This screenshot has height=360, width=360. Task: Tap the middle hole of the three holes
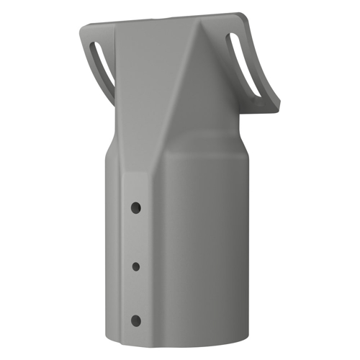pyautogui.click(x=135, y=266)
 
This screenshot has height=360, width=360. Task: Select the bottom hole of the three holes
pyautogui.click(x=135, y=320)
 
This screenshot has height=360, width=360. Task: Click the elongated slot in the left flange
pyautogui.click(x=102, y=65)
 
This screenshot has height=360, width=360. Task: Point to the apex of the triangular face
pyautogui.click(x=195, y=32)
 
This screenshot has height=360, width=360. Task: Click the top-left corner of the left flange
pyautogui.click(x=81, y=28)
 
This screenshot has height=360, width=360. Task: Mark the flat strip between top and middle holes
pyautogui.click(x=135, y=237)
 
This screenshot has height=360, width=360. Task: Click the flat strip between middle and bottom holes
pyautogui.click(x=135, y=294)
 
